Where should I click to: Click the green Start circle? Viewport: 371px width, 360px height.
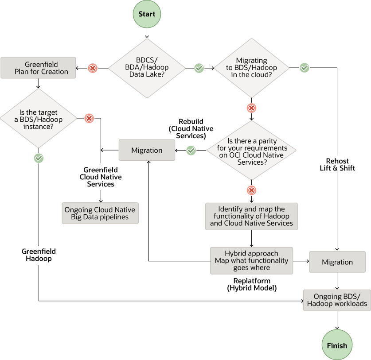pos(147,14)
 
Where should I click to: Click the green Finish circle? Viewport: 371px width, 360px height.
pos(337,345)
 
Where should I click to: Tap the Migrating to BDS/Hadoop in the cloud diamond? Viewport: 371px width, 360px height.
pos(251,68)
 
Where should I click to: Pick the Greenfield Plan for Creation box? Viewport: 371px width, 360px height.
pos(38,68)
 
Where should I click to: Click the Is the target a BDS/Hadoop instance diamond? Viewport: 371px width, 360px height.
pos(38,119)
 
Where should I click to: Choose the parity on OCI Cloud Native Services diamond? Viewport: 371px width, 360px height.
pos(251,151)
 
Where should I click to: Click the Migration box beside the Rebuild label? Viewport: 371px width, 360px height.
pos(147,151)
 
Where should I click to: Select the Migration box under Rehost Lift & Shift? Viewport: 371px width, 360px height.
pos(337,262)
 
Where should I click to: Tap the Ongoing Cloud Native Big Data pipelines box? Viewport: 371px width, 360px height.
pos(100,213)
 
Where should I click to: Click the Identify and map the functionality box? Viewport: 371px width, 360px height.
pos(251,216)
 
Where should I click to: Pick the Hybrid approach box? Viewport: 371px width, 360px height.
pos(251,261)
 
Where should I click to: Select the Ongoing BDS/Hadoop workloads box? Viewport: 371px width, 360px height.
pos(337,300)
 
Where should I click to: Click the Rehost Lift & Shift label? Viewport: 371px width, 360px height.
pos(337,164)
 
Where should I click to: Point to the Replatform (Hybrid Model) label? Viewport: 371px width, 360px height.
pos(252,284)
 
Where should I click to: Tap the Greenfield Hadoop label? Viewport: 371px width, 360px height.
pos(39,255)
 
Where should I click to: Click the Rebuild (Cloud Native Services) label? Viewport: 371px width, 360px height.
pos(191,128)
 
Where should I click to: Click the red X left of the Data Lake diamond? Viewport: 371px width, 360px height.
pos(93,68)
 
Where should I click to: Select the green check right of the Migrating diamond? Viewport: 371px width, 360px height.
pos(305,68)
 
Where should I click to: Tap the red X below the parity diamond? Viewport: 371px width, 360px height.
pos(251,190)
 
